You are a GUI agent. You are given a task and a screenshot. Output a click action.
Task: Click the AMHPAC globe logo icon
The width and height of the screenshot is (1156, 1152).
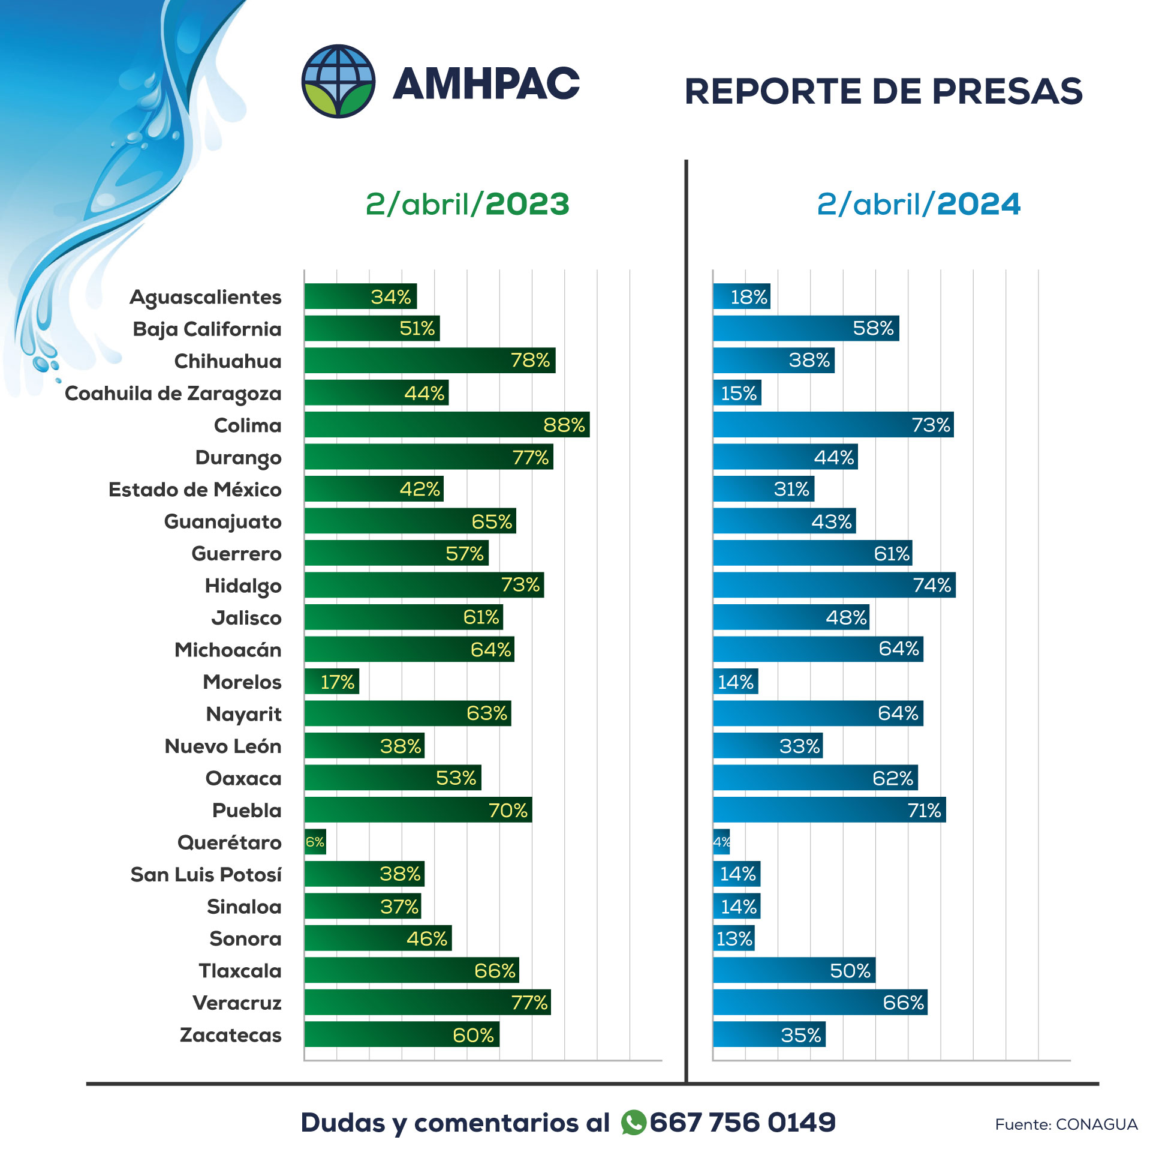click(x=338, y=81)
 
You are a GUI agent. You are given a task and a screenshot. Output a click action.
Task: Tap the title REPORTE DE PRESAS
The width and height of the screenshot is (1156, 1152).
click(x=883, y=91)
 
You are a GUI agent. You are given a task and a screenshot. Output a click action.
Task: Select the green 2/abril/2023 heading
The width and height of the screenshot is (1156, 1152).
click(x=467, y=204)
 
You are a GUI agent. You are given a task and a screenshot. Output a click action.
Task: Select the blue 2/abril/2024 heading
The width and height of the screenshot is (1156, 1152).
click(x=918, y=204)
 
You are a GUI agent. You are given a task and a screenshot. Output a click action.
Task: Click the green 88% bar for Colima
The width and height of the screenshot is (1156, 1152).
click(x=447, y=425)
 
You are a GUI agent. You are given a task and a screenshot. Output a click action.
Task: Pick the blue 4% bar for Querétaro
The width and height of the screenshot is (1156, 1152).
click(x=721, y=842)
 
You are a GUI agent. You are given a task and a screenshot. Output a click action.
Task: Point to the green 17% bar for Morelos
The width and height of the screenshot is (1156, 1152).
click(x=332, y=682)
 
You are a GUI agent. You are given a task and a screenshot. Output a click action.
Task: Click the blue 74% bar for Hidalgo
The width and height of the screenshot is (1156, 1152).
click(x=833, y=585)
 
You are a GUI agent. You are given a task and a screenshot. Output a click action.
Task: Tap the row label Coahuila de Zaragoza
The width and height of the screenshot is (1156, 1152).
click(x=173, y=394)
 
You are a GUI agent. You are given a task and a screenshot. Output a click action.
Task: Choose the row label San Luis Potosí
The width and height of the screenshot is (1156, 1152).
click(x=206, y=875)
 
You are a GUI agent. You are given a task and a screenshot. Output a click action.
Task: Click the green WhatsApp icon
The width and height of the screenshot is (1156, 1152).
click(x=633, y=1123)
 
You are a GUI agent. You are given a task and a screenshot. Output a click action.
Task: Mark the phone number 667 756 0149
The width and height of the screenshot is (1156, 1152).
click(x=742, y=1123)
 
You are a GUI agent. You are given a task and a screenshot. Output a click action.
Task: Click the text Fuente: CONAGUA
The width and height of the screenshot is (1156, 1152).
click(x=1065, y=1124)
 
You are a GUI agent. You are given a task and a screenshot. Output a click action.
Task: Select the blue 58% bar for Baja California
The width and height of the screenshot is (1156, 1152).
click(x=805, y=329)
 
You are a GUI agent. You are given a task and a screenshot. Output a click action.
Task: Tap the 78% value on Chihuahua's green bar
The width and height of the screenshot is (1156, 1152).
click(x=530, y=361)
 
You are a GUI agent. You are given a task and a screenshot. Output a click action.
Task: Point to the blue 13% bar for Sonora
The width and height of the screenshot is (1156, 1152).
click(x=733, y=938)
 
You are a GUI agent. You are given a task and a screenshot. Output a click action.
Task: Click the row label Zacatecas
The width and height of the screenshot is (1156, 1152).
click(x=230, y=1035)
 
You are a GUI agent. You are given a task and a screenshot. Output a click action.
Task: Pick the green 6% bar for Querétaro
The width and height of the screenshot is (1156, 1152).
click(x=315, y=842)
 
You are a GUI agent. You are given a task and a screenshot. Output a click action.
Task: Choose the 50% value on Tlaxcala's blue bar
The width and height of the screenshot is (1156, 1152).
click(x=850, y=971)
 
